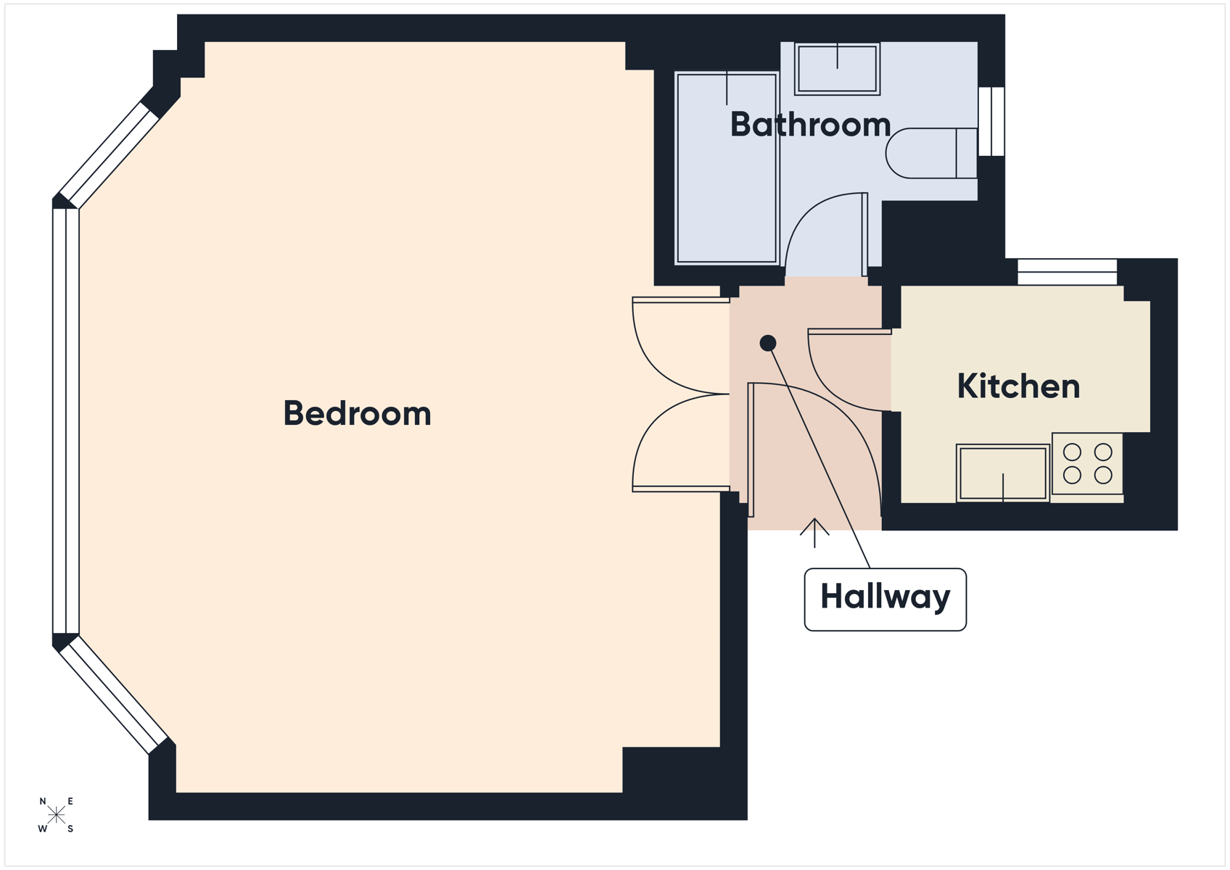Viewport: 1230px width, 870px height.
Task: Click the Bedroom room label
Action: pos(357,413)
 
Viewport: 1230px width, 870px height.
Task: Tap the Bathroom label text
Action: pos(811,125)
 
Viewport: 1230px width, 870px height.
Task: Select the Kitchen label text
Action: pos(1018,386)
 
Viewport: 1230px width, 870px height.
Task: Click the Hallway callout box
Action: pos(886,600)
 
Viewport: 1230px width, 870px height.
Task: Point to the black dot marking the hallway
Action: pos(767,343)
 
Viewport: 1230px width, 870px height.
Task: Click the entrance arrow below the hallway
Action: pos(814,532)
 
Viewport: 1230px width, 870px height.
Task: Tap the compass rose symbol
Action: pos(56,815)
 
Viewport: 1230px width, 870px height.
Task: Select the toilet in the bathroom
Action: pos(931,153)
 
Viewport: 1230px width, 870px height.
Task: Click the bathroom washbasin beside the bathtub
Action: pos(838,69)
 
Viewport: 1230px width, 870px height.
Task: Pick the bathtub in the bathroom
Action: pos(727,168)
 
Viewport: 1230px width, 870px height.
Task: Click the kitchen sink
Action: pos(1003,473)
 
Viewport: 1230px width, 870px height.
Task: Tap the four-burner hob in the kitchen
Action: pos(1087,464)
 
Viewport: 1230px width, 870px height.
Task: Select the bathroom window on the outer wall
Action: pos(991,121)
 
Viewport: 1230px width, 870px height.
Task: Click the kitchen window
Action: pos(1067,272)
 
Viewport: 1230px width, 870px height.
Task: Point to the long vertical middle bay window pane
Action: pos(66,421)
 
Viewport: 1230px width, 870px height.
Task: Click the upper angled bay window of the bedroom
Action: pos(109,155)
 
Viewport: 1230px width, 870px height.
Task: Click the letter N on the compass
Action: pos(43,801)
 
